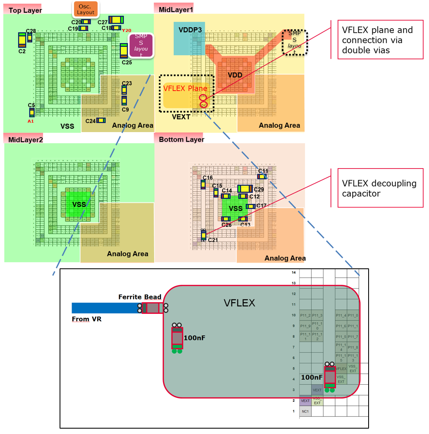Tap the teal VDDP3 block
click(x=189, y=38)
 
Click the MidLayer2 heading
click(x=25, y=140)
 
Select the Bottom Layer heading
click(x=181, y=140)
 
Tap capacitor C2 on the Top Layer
click(x=22, y=40)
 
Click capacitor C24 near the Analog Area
click(x=101, y=121)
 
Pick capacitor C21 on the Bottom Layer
click(x=204, y=235)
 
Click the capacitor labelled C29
click(x=245, y=189)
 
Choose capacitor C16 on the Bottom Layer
click(x=203, y=184)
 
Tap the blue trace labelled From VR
click(x=106, y=308)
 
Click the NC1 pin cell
click(x=305, y=411)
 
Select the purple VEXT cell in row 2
click(x=305, y=400)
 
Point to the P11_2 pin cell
click(x=305, y=316)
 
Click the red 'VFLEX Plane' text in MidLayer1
click(x=185, y=88)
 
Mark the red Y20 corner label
click(x=126, y=30)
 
